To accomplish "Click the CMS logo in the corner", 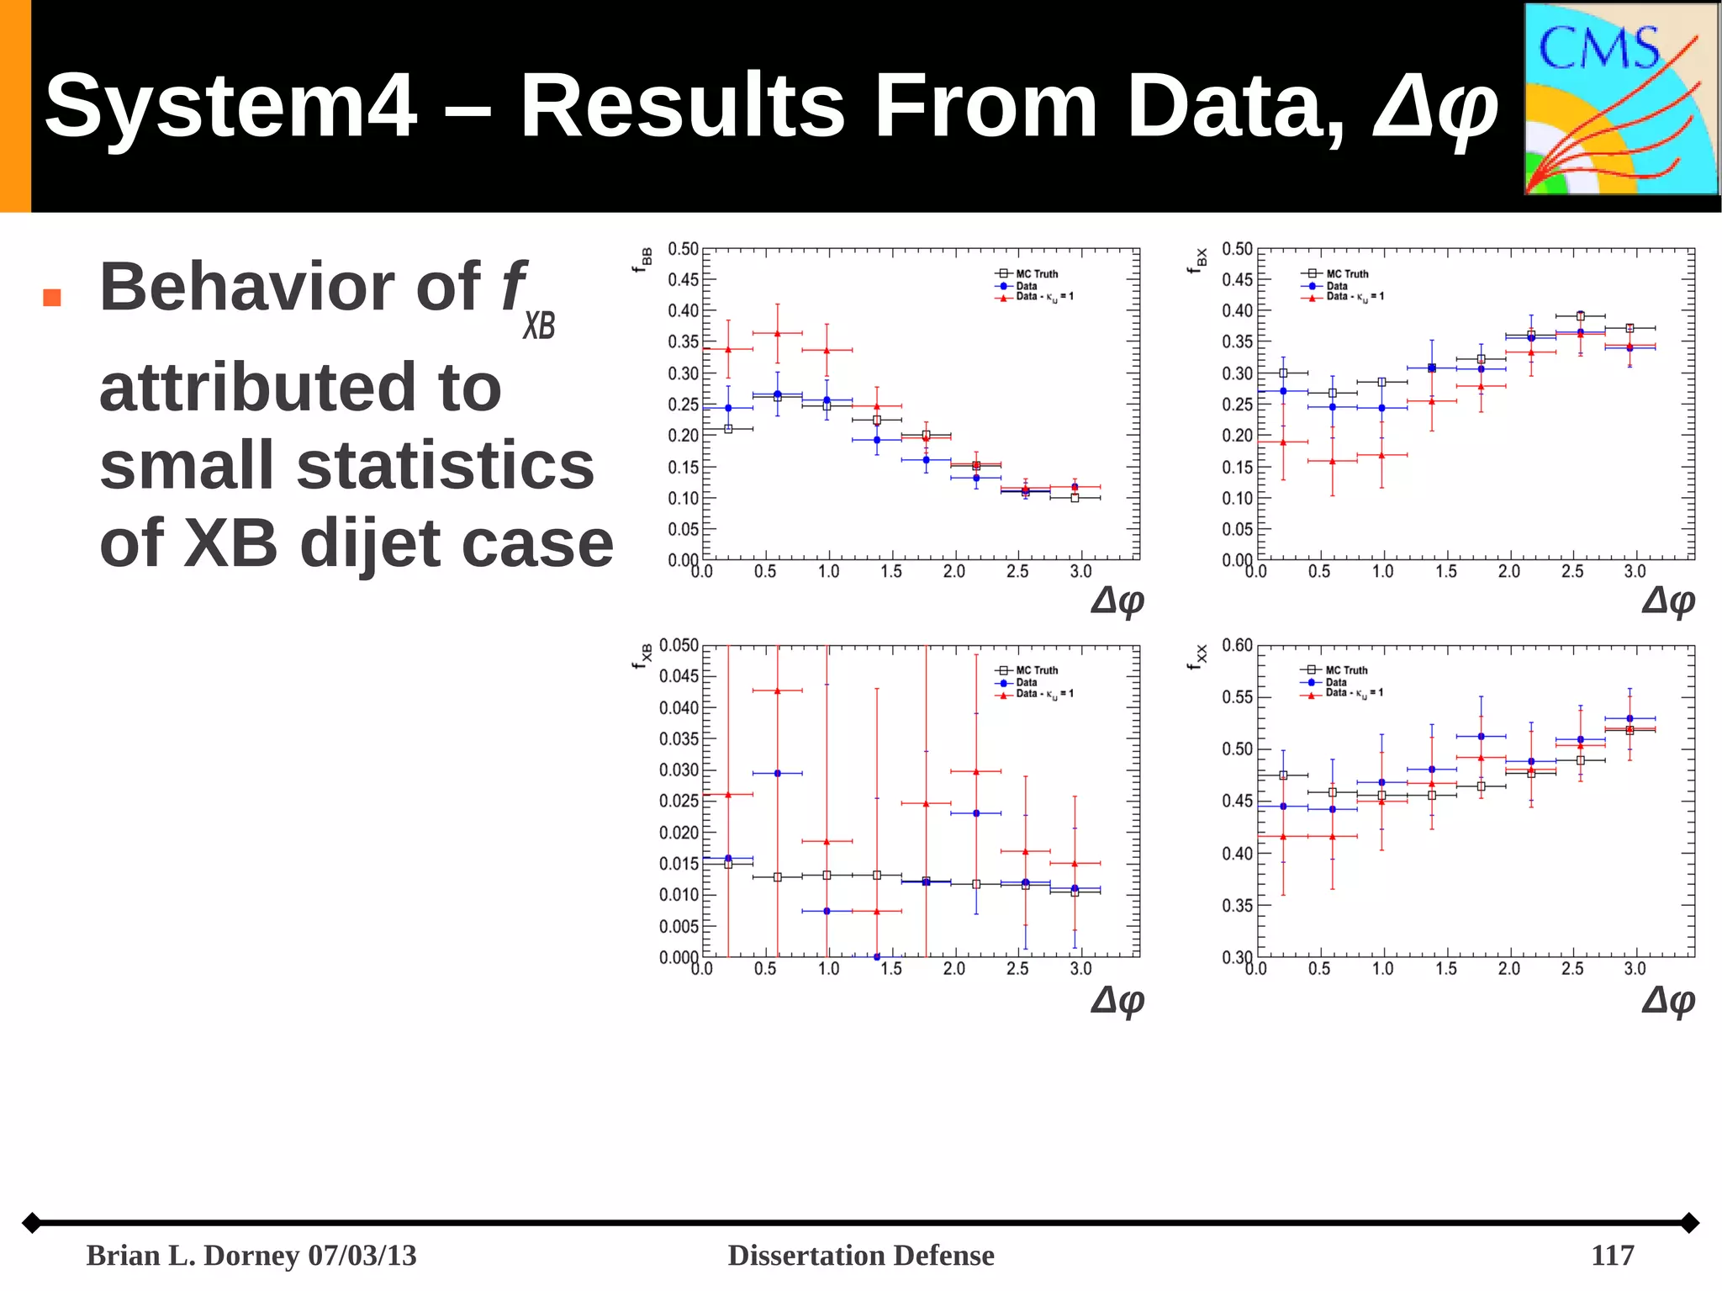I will tap(1620, 99).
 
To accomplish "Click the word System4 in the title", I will tap(230, 106).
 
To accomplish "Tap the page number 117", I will tap(1612, 1255).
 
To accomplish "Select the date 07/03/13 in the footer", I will tap(362, 1255).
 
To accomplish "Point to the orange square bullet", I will tap(52, 298).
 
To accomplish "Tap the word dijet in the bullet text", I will tap(372, 544).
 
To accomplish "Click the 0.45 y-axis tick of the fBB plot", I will tap(684, 279).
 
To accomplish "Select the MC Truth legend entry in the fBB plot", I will tap(1036, 273).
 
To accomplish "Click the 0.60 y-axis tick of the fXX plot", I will tap(1237, 645).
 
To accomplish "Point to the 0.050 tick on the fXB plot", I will tap(679, 645).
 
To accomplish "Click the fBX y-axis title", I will tap(1197, 259).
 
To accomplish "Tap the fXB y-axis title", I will tap(642, 656).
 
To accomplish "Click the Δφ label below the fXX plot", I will tap(1668, 1000).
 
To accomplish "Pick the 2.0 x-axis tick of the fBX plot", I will tap(1509, 572).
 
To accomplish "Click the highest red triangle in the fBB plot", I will tap(777, 334).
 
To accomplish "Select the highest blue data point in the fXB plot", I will tap(777, 773).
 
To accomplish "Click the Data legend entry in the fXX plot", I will tap(1335, 682).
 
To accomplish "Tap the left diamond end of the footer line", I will tap(32, 1222).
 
